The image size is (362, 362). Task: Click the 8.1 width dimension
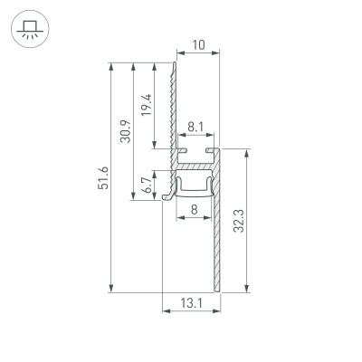[196, 129]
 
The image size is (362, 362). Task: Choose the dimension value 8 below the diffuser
[195, 210]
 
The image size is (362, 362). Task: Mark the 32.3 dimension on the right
[237, 221]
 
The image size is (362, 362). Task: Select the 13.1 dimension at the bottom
[191, 304]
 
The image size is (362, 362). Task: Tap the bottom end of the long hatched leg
[218, 290]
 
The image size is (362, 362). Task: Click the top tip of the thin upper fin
[175, 64]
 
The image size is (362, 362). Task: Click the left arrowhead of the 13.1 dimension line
[166, 312]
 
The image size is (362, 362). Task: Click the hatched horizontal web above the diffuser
[195, 167]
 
